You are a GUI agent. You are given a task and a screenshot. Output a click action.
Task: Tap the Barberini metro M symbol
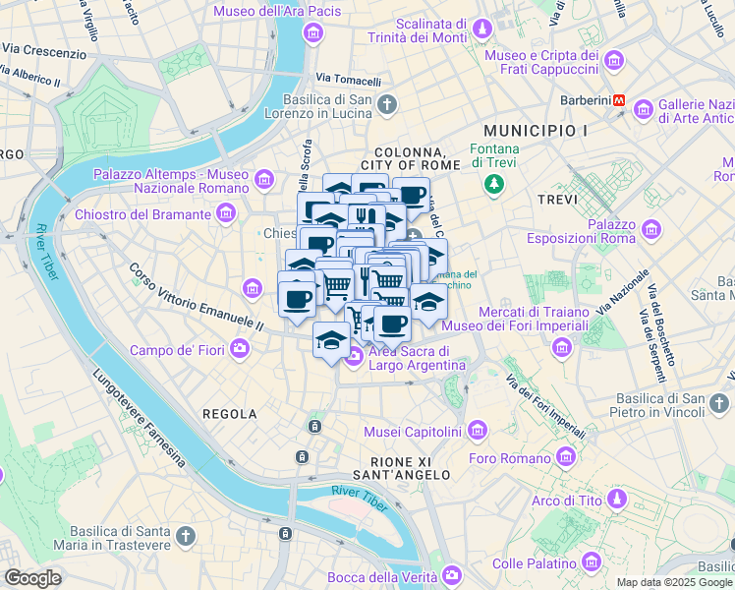coord(620,100)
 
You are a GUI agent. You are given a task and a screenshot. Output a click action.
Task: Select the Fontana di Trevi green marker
coord(494,184)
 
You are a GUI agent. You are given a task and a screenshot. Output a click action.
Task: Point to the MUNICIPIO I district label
coord(536,130)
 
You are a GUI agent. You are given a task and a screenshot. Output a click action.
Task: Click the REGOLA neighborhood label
coord(230,414)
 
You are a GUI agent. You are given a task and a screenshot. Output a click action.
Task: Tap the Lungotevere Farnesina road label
coord(138,417)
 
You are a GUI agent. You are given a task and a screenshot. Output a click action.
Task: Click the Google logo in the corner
coord(33,577)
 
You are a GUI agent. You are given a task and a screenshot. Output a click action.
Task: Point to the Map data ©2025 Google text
coord(673,582)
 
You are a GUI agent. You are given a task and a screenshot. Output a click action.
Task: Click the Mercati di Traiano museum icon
coord(561,346)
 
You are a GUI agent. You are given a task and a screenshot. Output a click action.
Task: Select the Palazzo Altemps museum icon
coord(263,179)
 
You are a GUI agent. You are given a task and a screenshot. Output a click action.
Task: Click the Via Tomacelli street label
coord(348,79)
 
